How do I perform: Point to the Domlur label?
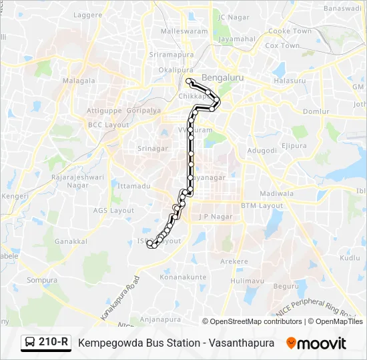(316, 111)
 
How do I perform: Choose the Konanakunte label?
(183, 276)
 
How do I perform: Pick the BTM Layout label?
(262, 205)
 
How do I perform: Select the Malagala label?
(79, 81)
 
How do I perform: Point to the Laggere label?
(87, 15)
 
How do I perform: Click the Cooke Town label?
(290, 31)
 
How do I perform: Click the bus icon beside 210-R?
(30, 343)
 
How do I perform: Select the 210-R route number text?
(53, 343)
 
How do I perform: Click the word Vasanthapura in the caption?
(241, 343)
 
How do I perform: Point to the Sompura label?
(43, 280)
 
